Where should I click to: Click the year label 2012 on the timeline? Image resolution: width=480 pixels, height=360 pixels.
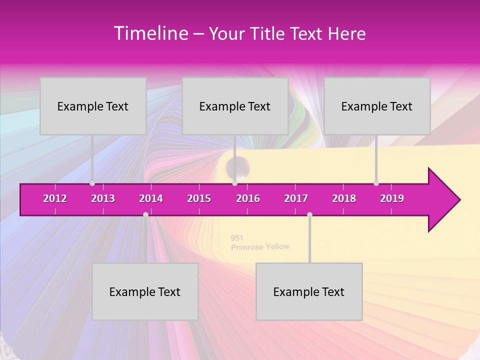55,198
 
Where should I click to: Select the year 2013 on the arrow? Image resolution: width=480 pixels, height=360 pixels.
103,198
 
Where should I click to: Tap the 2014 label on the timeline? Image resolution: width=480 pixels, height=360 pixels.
151,198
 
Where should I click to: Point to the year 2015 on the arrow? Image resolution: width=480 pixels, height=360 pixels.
199,198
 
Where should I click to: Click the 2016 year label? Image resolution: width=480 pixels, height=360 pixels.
248,198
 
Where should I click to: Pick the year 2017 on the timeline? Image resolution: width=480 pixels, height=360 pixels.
296,198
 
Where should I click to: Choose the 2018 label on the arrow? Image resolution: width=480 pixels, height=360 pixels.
344,198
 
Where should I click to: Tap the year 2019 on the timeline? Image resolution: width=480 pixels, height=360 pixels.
392,198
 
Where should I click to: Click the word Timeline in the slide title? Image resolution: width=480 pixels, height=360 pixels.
150,33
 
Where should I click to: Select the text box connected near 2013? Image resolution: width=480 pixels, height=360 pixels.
93,106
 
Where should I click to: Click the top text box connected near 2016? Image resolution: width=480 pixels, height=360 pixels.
235,106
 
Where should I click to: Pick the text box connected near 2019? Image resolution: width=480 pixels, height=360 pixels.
377,106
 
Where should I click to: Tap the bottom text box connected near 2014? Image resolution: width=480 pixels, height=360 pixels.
145,291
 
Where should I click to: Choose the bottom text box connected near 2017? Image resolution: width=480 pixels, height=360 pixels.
309,291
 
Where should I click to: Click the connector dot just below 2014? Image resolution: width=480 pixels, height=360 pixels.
145,214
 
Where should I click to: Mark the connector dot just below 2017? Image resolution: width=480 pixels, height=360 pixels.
309,214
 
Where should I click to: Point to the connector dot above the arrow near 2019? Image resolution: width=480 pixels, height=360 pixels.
376,183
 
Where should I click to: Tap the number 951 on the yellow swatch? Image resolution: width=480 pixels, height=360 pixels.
237,238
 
